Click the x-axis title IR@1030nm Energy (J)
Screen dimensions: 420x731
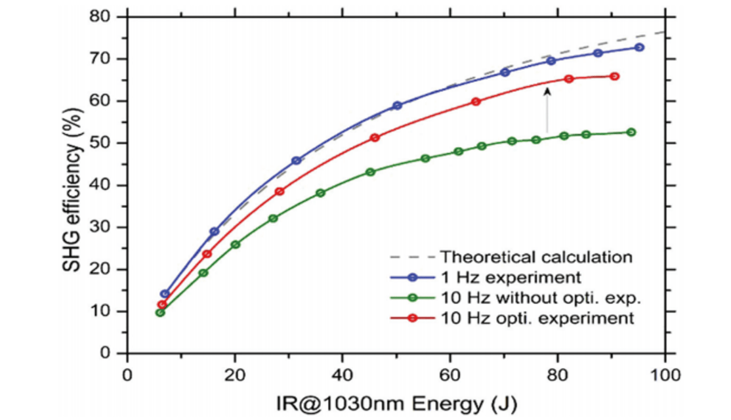pos(396,400)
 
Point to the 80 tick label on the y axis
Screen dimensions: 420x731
pos(106,16)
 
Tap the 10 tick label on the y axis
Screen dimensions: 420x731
pos(106,311)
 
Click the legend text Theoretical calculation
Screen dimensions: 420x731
pos(536,256)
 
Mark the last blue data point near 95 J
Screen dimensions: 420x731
pos(639,47)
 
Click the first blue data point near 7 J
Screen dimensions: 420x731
pos(165,294)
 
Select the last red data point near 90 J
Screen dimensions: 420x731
pos(615,76)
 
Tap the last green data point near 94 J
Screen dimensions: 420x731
pos(631,132)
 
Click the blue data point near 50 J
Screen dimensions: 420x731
pos(397,106)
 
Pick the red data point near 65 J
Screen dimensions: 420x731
pos(476,102)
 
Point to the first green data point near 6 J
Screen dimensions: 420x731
pos(160,312)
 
